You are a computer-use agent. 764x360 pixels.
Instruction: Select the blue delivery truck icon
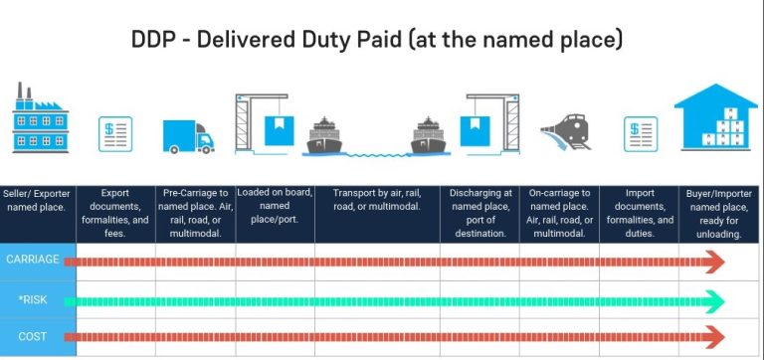188,134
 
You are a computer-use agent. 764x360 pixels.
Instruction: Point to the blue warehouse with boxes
716,117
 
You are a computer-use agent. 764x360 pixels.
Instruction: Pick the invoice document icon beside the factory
115,133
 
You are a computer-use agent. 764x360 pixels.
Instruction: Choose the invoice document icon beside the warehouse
640,133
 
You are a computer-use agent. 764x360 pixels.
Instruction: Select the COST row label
33,336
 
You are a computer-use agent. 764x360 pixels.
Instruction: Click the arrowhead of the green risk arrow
713,298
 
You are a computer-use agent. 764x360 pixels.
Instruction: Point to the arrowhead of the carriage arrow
713,262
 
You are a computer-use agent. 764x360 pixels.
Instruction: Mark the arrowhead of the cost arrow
713,336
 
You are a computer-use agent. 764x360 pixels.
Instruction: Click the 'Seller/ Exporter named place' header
37,200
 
